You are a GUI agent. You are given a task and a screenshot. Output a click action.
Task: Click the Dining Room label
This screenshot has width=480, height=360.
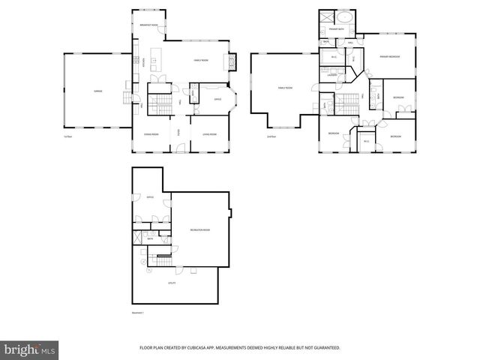[x=152, y=134]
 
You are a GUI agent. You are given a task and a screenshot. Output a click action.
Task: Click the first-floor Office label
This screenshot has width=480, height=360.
[x=217, y=99]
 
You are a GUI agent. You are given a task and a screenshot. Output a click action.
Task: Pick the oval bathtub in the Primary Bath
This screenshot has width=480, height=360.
[x=346, y=18]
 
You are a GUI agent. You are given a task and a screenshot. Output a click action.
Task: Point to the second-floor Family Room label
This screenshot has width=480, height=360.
[x=285, y=88]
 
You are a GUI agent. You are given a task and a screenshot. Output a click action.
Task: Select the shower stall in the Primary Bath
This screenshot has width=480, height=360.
[x=327, y=17]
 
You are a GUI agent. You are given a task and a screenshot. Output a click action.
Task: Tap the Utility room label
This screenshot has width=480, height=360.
[x=172, y=283]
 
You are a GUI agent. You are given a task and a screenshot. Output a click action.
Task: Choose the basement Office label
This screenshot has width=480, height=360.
[x=150, y=197]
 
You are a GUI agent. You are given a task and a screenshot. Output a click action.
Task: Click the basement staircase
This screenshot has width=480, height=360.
[x=162, y=262]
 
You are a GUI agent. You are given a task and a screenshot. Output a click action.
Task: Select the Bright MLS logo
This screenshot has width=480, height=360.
[x=30, y=349]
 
